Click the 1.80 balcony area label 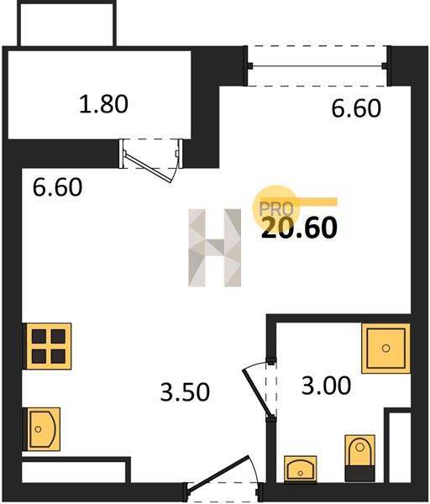tap(103, 104)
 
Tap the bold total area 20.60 tap(299, 228)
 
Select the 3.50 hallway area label tap(185, 391)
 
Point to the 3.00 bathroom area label tap(326, 386)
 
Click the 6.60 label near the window tap(356, 108)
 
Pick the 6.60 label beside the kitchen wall tap(57, 187)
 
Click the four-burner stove tap(49, 346)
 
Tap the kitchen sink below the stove tap(44, 428)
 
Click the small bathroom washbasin tap(300, 469)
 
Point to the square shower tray tap(385, 349)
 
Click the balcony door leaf tap(149, 168)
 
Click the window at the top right tap(318, 66)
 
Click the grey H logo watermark tap(215, 248)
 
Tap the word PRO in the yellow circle tap(276, 209)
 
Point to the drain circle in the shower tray tap(385, 348)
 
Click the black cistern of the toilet tap(360, 474)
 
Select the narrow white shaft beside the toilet tap(400, 448)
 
